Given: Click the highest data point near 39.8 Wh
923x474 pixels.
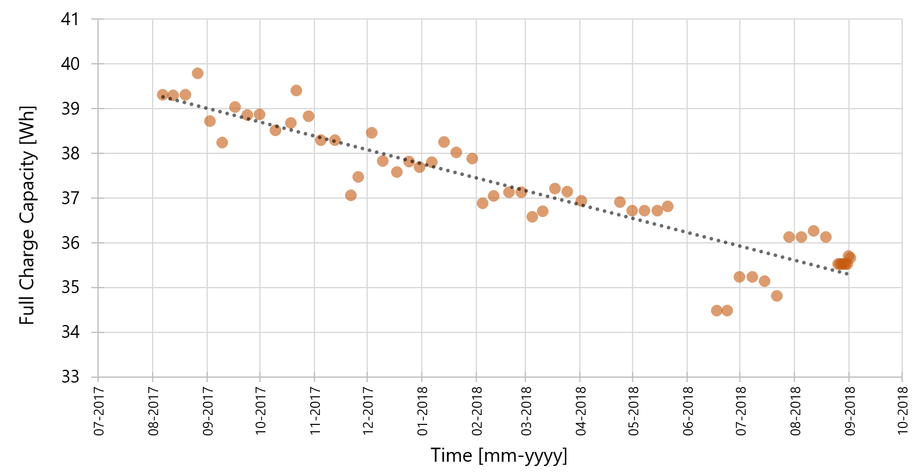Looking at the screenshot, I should click(x=197, y=73).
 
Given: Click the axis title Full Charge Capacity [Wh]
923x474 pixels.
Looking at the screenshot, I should click(x=27, y=215).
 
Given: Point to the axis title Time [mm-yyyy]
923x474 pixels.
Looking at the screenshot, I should click(x=499, y=456).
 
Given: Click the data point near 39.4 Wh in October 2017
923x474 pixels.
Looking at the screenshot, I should click(x=296, y=90).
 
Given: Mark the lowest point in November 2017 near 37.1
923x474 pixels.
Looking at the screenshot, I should click(x=351, y=195).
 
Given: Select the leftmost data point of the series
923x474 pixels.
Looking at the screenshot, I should click(x=162, y=95).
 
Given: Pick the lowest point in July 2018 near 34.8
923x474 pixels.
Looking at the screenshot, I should click(x=777, y=296).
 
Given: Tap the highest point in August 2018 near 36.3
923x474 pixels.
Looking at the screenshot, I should click(x=813, y=231).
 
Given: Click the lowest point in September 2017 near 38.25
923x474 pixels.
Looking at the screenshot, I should click(x=222, y=142).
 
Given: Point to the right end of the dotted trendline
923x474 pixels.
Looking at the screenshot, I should click(x=847, y=273).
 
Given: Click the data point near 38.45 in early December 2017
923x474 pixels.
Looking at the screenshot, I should click(x=371, y=132).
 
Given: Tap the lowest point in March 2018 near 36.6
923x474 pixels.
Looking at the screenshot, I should click(x=532, y=216).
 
